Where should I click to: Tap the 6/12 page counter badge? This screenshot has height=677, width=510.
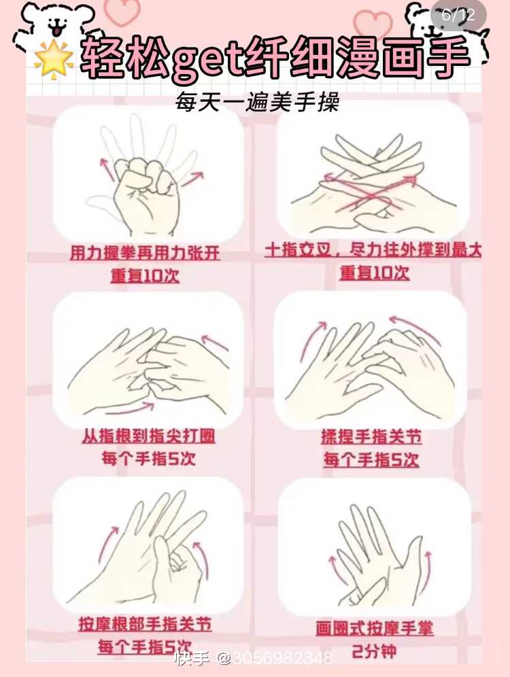pyautogui.click(x=458, y=16)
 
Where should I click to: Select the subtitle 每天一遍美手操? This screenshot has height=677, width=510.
pyautogui.click(x=256, y=103)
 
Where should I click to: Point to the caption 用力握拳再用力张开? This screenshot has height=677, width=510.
pyautogui.click(x=145, y=254)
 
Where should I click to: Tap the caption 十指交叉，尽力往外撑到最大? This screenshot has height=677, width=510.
pyautogui.click(x=373, y=250)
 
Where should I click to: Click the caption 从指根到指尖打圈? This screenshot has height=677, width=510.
pyautogui.click(x=148, y=436)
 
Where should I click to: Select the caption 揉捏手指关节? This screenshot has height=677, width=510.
pyautogui.click(x=371, y=437)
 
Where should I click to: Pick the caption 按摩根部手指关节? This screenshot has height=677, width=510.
pyautogui.click(x=145, y=625)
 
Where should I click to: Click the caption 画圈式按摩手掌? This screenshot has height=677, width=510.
pyautogui.click(x=374, y=628)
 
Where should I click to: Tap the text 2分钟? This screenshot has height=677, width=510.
pyautogui.click(x=374, y=651)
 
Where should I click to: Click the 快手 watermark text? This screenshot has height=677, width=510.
pyautogui.click(x=191, y=659)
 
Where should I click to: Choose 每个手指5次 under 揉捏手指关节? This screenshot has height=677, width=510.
pyautogui.click(x=371, y=459)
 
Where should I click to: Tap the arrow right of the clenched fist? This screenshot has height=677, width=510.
pyautogui.click(x=192, y=179)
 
